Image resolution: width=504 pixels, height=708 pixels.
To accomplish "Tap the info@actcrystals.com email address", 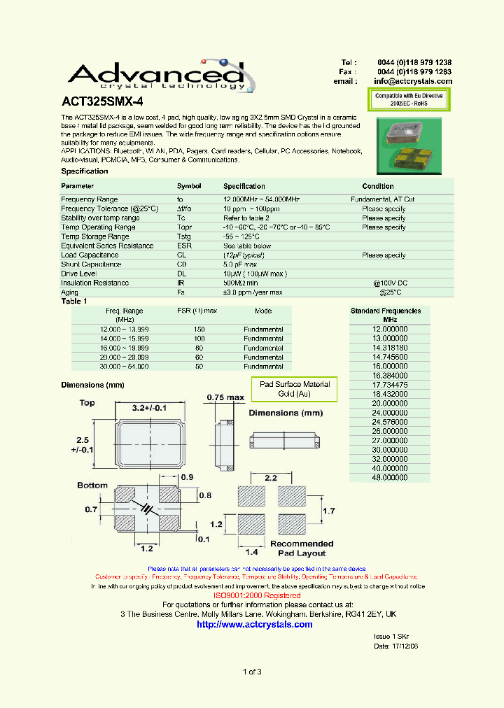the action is pyautogui.click(x=413, y=81).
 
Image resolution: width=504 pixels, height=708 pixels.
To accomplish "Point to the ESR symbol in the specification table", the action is pyautogui.click(x=185, y=246).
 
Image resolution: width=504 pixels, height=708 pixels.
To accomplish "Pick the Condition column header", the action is pyautogui.click(x=378, y=186).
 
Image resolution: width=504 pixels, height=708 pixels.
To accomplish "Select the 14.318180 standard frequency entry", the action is pyautogui.click(x=390, y=347).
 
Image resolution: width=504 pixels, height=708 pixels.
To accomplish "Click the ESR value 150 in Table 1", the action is pyautogui.click(x=199, y=329).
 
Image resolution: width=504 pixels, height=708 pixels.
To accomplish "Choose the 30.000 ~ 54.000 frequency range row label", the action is pyautogui.click(x=124, y=366).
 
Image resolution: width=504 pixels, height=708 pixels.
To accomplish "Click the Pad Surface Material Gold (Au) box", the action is pyautogui.click(x=295, y=389).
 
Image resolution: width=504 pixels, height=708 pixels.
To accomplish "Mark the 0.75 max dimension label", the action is pyautogui.click(x=225, y=398).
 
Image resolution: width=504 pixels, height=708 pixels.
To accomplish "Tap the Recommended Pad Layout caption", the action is pyautogui.click(x=302, y=548).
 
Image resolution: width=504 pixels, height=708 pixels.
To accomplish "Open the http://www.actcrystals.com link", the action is pyautogui.click(x=255, y=624).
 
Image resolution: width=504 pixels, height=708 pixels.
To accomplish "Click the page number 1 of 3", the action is pyautogui.click(x=252, y=672).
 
